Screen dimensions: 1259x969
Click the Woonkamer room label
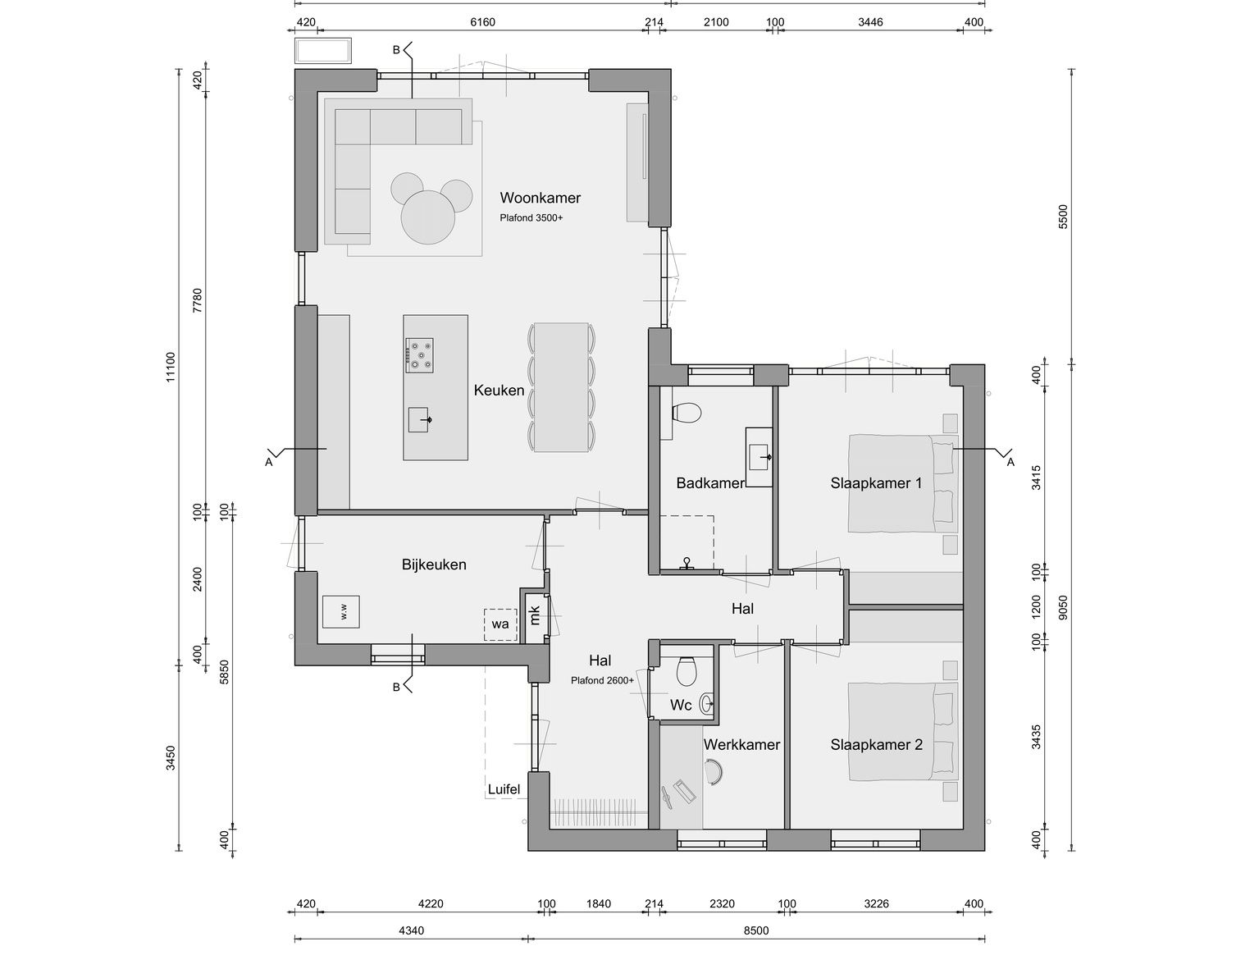pyautogui.click(x=540, y=198)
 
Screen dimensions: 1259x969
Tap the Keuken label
pyautogui.click(x=499, y=390)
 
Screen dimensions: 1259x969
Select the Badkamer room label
pyautogui.click(x=710, y=482)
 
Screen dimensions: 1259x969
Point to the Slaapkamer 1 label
pyautogui.click(x=876, y=482)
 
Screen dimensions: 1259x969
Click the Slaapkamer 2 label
pyautogui.click(x=877, y=744)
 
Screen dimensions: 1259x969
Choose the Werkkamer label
pyautogui.click(x=741, y=744)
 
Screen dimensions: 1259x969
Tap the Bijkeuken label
pyautogui.click(x=434, y=564)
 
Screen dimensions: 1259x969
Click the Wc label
pyautogui.click(x=681, y=705)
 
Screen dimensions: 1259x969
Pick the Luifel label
pyautogui.click(x=504, y=788)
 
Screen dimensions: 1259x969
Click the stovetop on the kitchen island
pyautogui.click(x=419, y=355)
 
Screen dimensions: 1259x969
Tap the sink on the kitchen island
pyautogui.click(x=418, y=419)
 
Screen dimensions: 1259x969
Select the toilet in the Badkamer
pyautogui.click(x=687, y=413)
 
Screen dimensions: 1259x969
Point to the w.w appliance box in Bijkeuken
pyautogui.click(x=340, y=611)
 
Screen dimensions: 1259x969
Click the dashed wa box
pyautogui.click(x=500, y=624)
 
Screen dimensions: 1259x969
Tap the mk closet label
pyautogui.click(x=534, y=615)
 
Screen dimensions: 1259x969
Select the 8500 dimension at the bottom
pyautogui.click(x=756, y=930)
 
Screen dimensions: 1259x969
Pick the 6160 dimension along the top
pyautogui.click(x=482, y=22)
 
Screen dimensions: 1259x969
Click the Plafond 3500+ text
pyautogui.click(x=531, y=218)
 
